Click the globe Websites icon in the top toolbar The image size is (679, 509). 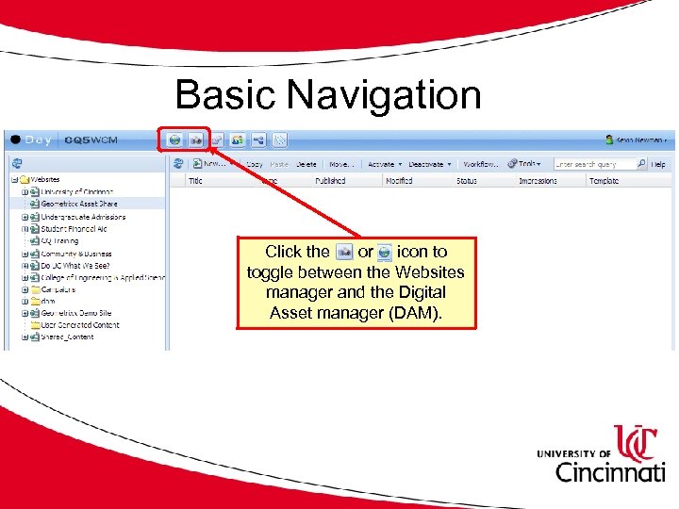click(x=174, y=140)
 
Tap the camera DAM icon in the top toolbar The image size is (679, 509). click(x=195, y=140)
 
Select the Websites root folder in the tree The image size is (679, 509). click(x=45, y=179)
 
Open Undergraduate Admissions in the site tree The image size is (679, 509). click(x=83, y=216)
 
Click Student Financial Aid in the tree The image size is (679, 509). click(x=74, y=228)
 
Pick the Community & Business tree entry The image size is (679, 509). click(x=75, y=253)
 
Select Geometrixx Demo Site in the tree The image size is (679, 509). click(x=75, y=313)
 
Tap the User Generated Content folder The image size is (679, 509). click(x=79, y=325)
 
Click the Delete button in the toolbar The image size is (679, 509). click(x=306, y=164)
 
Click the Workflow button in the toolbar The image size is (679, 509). click(x=480, y=164)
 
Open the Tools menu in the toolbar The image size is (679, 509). click(x=525, y=164)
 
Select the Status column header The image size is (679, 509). click(x=467, y=180)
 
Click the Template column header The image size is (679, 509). click(x=604, y=180)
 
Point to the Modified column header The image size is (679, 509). click(x=399, y=180)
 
